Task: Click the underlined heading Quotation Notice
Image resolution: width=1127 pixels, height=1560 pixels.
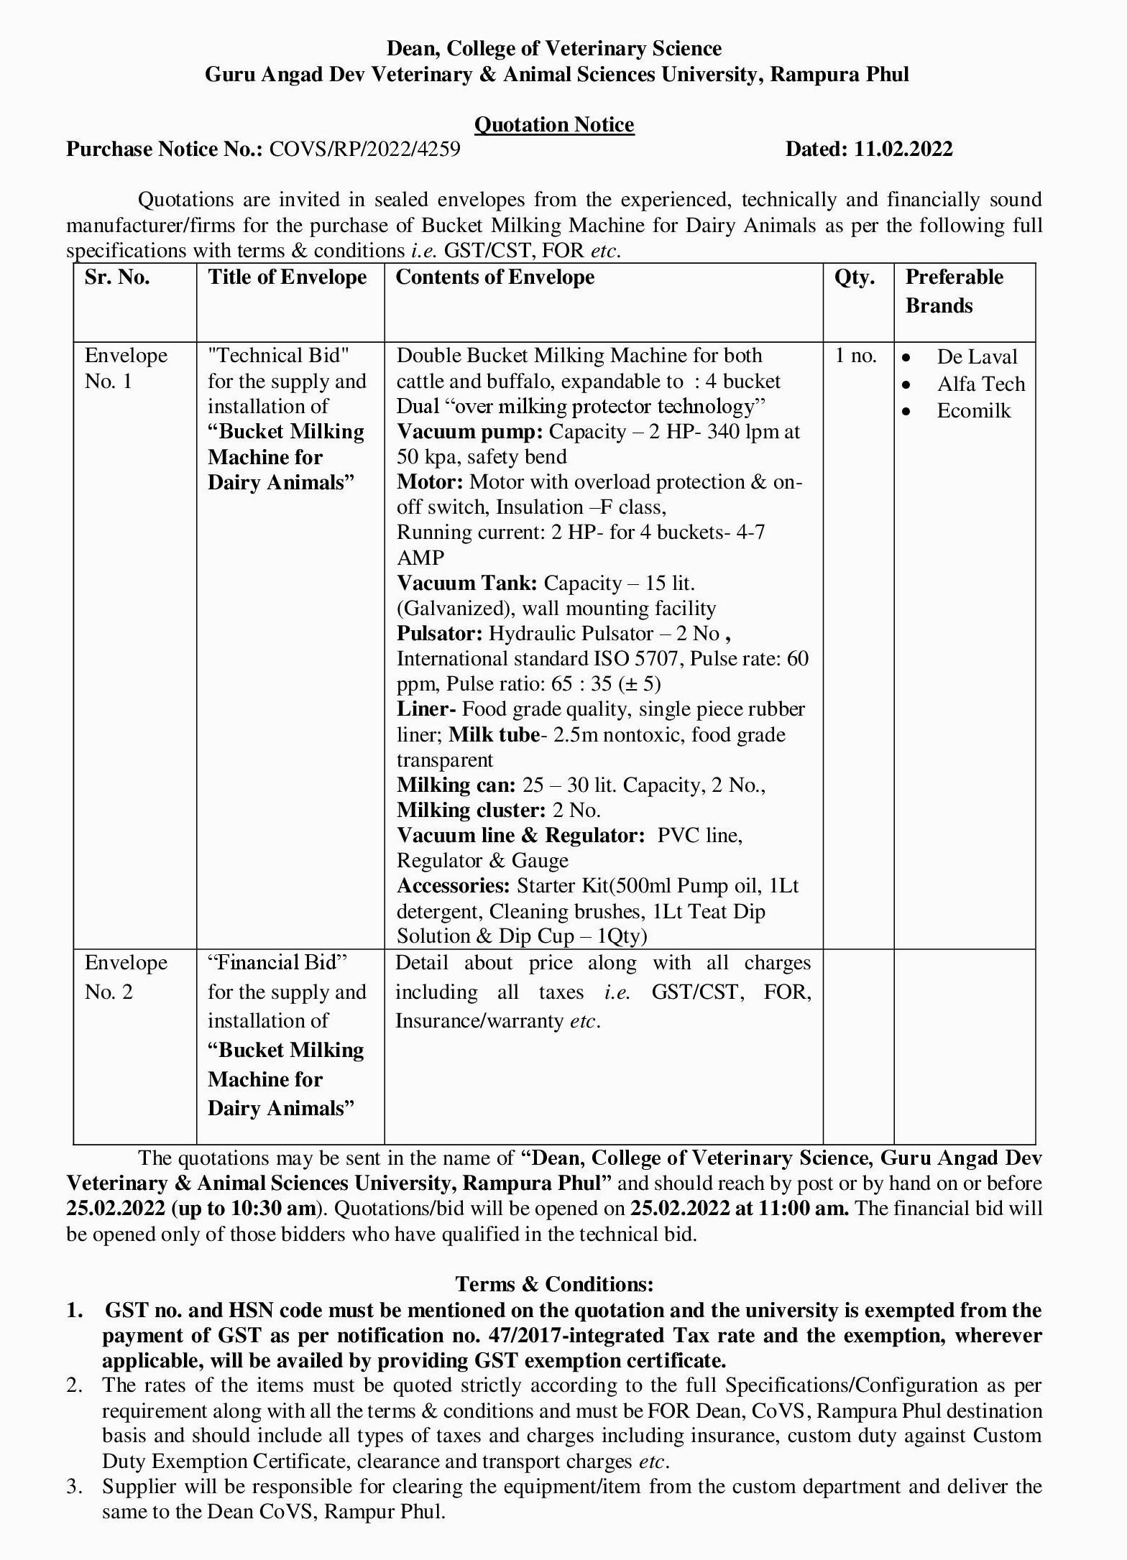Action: tap(553, 125)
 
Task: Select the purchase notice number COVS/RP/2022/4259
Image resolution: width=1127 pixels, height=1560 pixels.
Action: tap(364, 149)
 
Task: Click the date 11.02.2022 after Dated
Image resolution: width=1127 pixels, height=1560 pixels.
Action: tap(903, 149)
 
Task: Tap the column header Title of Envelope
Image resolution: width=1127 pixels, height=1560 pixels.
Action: tap(287, 277)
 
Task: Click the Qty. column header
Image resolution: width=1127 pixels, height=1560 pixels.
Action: tap(854, 277)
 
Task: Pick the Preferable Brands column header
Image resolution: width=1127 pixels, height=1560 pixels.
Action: tap(954, 291)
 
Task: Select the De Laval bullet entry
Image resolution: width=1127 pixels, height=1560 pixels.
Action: tap(977, 357)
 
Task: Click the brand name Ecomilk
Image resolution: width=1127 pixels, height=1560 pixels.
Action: tap(973, 411)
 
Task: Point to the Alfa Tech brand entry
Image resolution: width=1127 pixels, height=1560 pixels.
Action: tap(980, 384)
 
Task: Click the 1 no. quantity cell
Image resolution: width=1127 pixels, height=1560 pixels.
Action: tap(855, 356)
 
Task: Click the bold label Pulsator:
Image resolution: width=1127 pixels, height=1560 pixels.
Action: tap(439, 634)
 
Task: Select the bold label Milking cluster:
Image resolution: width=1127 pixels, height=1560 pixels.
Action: tap(471, 811)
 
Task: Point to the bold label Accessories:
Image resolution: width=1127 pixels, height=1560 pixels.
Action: tap(454, 886)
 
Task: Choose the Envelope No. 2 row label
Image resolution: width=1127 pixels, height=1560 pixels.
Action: tap(126, 977)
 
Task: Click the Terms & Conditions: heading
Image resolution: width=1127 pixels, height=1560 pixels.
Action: tap(554, 1284)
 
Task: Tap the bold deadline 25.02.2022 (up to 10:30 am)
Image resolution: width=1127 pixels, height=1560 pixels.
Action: tap(191, 1209)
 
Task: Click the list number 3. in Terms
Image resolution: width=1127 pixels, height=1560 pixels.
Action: tap(75, 1486)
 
